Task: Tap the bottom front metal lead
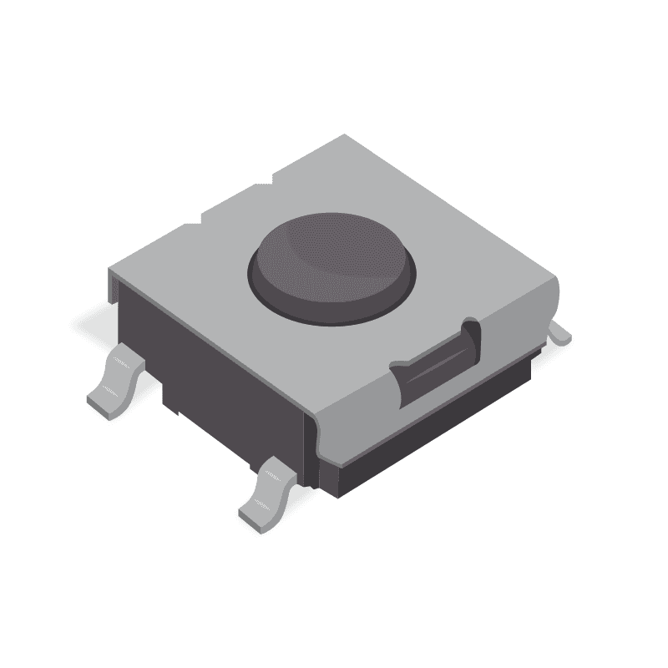coord(269,493)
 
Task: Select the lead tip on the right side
coord(561,334)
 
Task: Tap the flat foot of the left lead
coord(104,401)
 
